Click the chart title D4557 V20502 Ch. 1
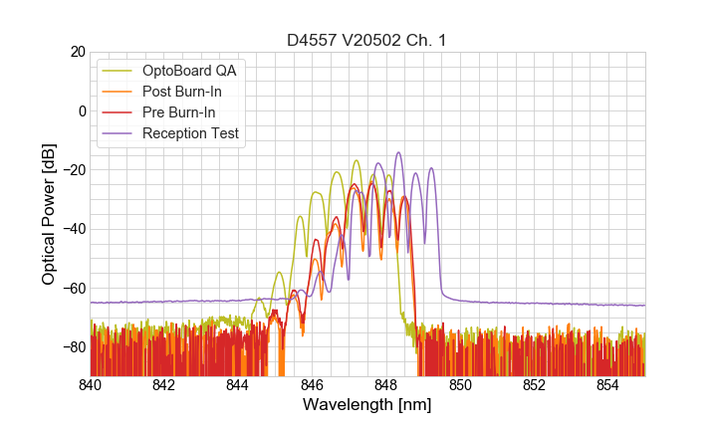[367, 41]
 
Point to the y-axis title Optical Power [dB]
[49, 213]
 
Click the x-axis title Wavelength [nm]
[367, 405]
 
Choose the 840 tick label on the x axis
[91, 385]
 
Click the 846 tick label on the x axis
[312, 385]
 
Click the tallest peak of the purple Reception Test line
[399, 152]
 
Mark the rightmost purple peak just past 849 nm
[431, 168]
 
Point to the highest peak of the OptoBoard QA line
[356, 160]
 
